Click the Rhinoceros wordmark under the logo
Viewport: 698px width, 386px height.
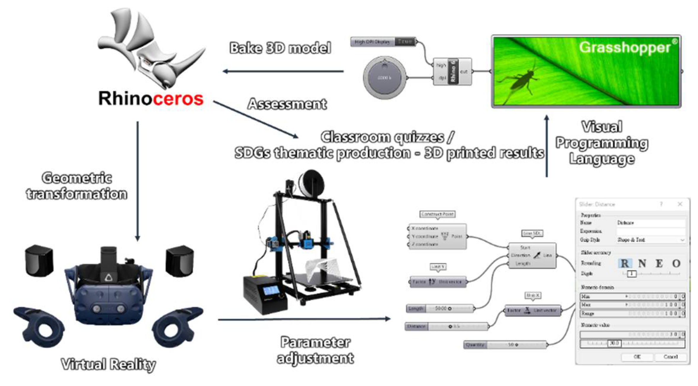[151, 99]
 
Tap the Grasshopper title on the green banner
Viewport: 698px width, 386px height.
[625, 47]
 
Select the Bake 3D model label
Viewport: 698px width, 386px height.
[280, 48]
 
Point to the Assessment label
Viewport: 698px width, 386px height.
[287, 104]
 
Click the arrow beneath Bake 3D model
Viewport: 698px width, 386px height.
[283, 71]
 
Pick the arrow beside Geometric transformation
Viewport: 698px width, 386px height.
[137, 181]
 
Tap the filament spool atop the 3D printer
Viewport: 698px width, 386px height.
[311, 184]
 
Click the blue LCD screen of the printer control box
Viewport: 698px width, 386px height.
[270, 291]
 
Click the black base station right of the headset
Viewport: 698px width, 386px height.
[179, 261]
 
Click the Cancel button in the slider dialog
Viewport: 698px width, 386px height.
[670, 357]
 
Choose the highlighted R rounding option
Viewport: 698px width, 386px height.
[625, 263]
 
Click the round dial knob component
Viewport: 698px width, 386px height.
[385, 78]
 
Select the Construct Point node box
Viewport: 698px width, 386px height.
[437, 237]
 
